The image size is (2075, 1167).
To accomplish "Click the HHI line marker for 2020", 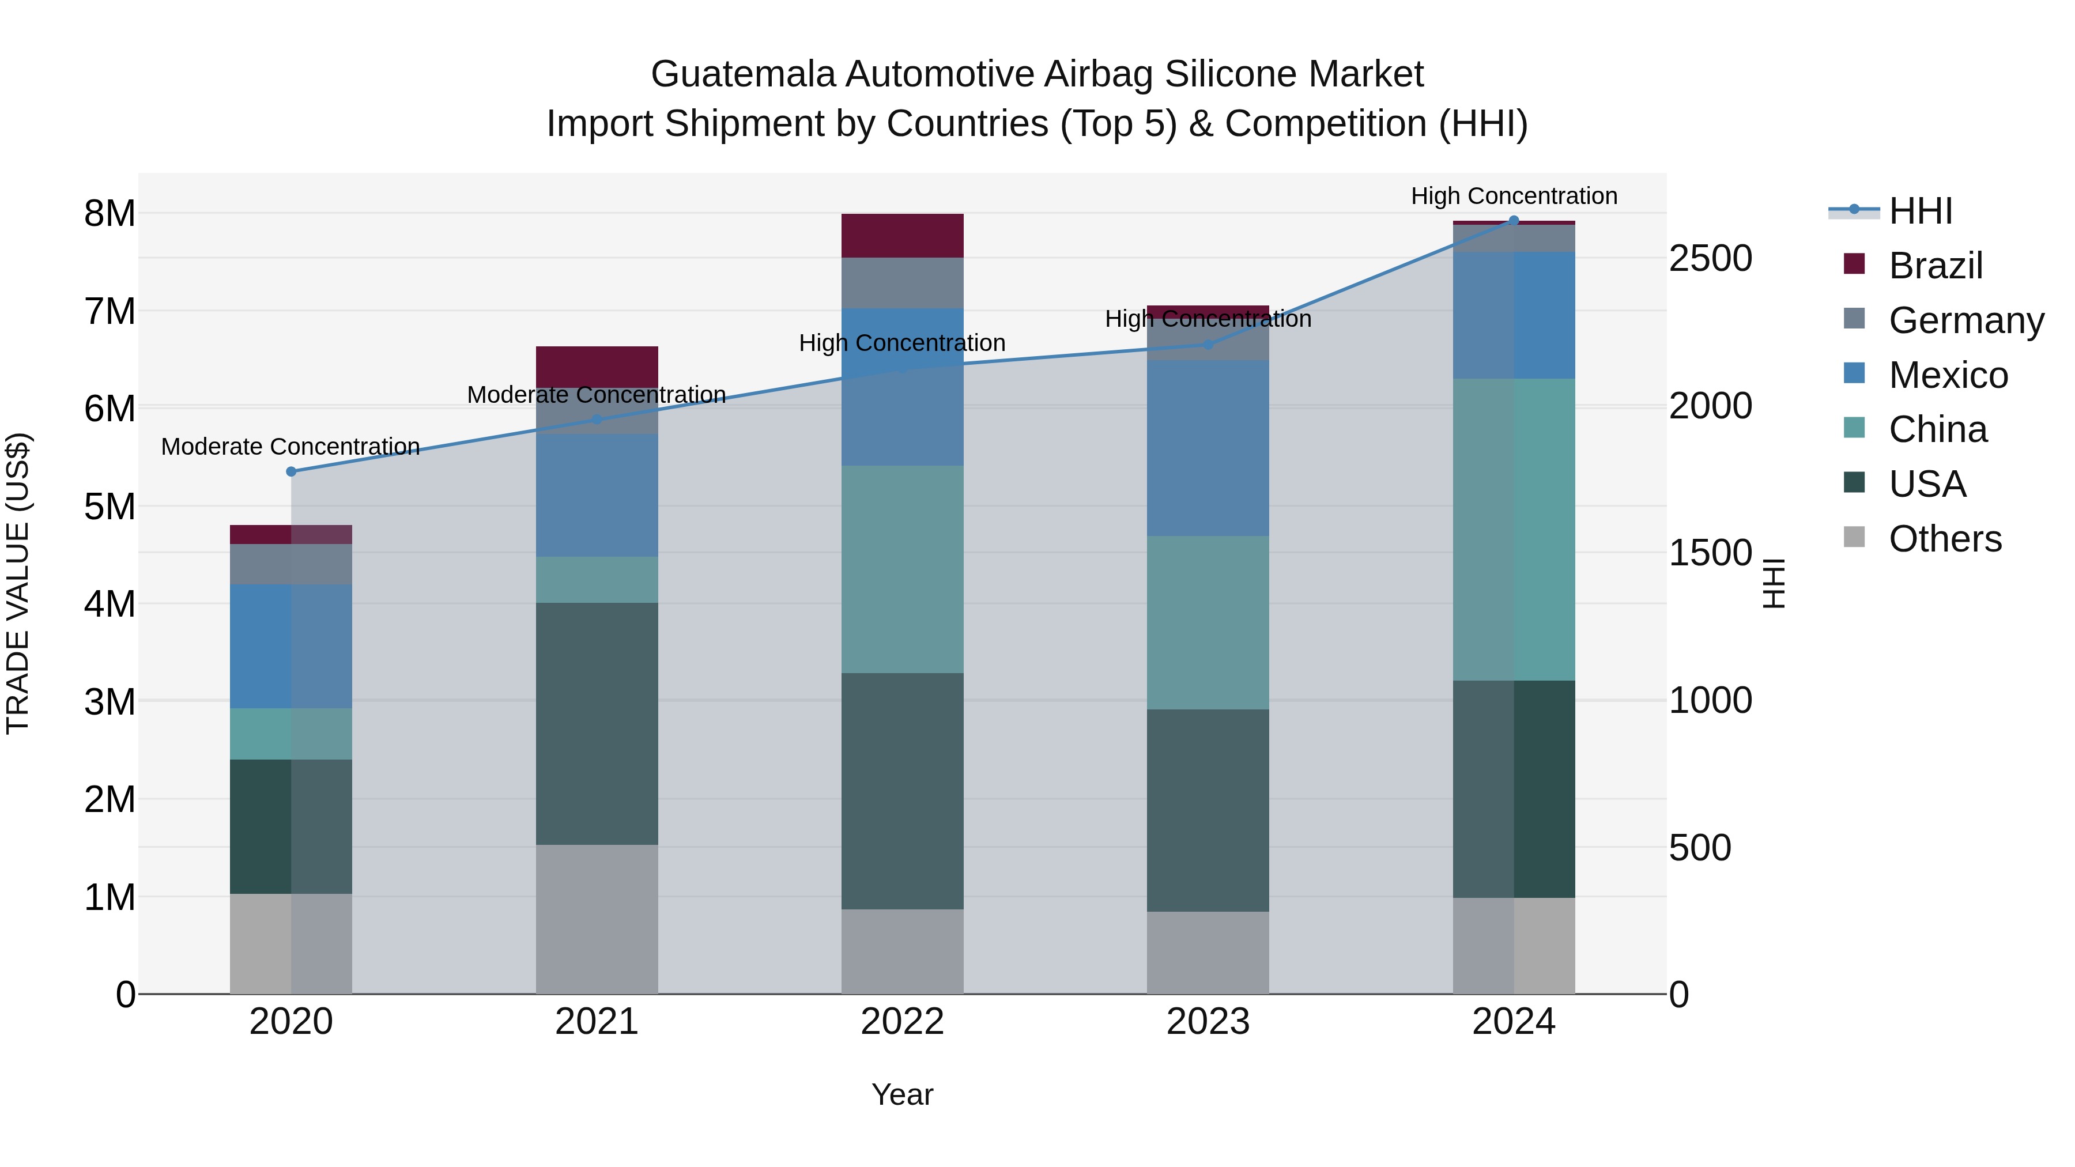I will (x=292, y=471).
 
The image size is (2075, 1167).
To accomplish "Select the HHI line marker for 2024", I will (x=1514, y=221).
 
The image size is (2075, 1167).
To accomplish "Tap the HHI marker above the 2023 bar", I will (x=1208, y=345).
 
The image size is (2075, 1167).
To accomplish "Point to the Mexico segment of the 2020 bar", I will (x=291, y=646).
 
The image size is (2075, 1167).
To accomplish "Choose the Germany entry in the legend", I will (x=1965, y=320).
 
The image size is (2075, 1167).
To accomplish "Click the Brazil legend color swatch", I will (x=1854, y=264).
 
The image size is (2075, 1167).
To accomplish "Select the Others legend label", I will (x=1945, y=539).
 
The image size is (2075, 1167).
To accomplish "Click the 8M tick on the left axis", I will (x=110, y=214).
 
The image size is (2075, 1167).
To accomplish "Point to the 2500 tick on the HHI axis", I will (x=1710, y=259).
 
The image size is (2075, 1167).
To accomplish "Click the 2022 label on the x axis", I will (x=902, y=1022).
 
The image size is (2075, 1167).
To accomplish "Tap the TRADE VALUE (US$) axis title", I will (x=18, y=583).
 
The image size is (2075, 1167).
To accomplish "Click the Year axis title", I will (x=902, y=1094).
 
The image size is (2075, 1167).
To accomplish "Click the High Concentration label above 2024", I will (x=1514, y=196).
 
